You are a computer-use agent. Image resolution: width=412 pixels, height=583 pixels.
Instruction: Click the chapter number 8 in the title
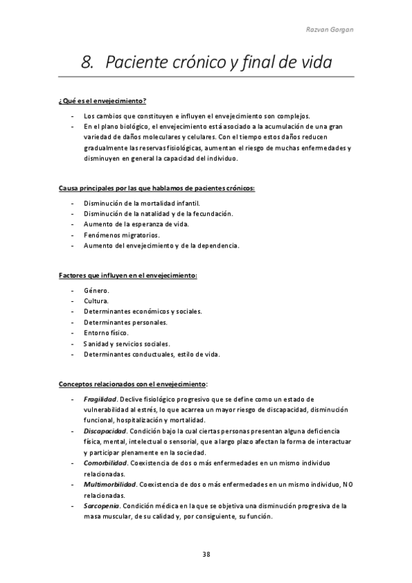pos(87,63)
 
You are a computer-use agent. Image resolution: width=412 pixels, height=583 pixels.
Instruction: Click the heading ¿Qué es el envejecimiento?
pos(102,102)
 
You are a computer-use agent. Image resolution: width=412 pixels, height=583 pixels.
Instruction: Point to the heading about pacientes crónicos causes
pos(156,188)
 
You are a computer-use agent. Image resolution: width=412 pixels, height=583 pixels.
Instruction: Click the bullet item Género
pos(96,291)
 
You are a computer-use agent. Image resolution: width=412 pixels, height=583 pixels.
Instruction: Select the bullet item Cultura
pos(96,301)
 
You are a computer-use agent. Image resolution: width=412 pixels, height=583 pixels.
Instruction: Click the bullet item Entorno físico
pos(106,333)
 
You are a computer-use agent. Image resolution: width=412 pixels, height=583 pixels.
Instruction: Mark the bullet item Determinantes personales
pos(124,322)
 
